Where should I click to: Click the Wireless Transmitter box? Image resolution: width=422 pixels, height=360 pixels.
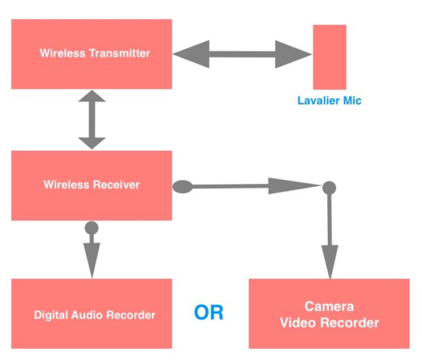click(x=91, y=53)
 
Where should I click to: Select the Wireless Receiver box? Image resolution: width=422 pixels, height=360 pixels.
click(x=91, y=185)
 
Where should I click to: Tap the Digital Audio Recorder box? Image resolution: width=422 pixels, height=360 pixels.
click(x=91, y=314)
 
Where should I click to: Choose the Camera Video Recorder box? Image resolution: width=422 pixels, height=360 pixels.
click(x=329, y=314)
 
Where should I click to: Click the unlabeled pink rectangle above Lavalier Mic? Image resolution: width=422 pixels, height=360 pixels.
click(x=329, y=57)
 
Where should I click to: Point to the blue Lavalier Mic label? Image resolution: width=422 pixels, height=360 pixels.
click(x=329, y=101)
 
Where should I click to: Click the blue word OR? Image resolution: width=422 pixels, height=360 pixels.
click(x=208, y=312)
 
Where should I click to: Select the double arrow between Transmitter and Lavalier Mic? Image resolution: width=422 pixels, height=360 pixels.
click(x=242, y=53)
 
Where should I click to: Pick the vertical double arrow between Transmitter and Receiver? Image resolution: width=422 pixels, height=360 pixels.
click(x=91, y=120)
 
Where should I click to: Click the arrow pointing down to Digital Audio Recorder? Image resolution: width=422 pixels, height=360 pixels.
click(x=91, y=256)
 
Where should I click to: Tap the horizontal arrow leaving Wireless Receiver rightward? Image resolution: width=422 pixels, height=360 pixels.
click(x=256, y=186)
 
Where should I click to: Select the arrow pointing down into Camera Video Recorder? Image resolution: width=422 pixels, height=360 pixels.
click(x=330, y=235)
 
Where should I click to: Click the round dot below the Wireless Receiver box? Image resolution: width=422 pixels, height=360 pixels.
click(x=91, y=227)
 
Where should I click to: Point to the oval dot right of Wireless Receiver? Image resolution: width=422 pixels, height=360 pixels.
click(x=182, y=186)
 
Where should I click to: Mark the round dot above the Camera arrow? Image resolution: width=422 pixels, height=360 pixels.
click(x=330, y=187)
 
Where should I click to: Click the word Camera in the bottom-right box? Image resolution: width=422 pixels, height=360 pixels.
click(x=329, y=307)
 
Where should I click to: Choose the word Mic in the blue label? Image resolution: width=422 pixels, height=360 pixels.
click(x=351, y=101)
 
